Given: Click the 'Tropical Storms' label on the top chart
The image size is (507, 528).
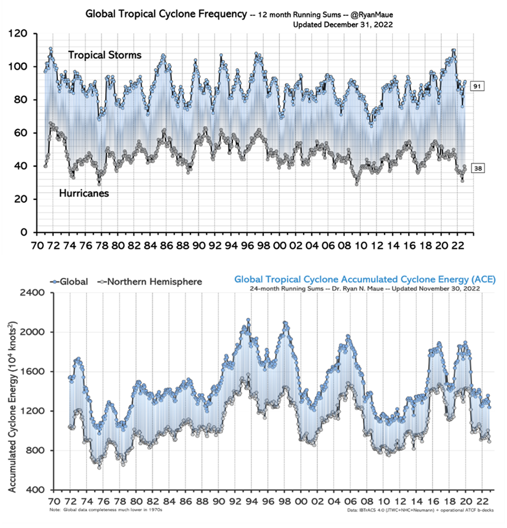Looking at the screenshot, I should [x=105, y=55].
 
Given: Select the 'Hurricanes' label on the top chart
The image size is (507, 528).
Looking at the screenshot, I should [x=83, y=193].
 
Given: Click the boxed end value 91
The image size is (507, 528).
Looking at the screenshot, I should [x=477, y=86].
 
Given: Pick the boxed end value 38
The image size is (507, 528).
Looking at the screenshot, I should [x=477, y=169].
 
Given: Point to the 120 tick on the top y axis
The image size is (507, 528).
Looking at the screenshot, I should [x=21, y=34].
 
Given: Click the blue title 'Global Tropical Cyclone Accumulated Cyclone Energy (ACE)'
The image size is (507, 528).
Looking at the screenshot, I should [x=362, y=279].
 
